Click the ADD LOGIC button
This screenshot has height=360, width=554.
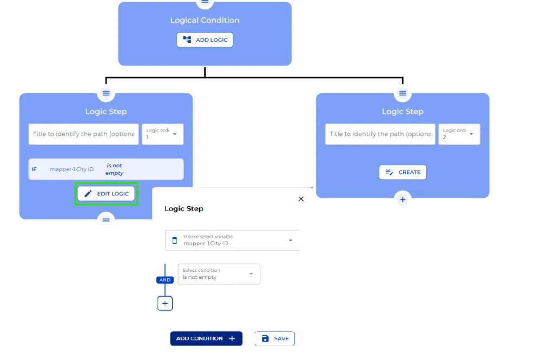pyautogui.click(x=205, y=40)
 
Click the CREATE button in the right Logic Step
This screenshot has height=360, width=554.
pyautogui.click(x=403, y=172)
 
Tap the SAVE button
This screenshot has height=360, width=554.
pyautogui.click(x=275, y=338)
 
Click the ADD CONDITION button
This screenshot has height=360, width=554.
pyautogui.click(x=206, y=338)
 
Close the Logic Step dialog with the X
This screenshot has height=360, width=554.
pyautogui.click(x=301, y=199)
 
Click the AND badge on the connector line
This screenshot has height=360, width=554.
pyautogui.click(x=165, y=280)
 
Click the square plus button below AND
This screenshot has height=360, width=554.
pyautogui.click(x=165, y=304)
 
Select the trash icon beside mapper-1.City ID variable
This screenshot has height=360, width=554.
pyautogui.click(x=174, y=240)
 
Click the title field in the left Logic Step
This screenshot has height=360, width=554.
pyautogui.click(x=84, y=134)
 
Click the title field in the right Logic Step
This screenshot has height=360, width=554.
pyautogui.click(x=380, y=134)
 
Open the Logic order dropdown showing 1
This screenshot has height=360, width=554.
pyautogui.click(x=163, y=134)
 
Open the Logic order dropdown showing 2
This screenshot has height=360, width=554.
pyautogui.click(x=459, y=134)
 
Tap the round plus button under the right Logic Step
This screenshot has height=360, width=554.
pyautogui.click(x=403, y=199)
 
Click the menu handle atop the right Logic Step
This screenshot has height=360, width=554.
pyautogui.click(x=403, y=93)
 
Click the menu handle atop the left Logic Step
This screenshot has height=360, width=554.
pyautogui.click(x=106, y=93)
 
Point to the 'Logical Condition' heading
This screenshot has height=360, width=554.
pyautogui.click(x=205, y=21)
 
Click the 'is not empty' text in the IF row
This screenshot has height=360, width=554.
pyautogui.click(x=114, y=169)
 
